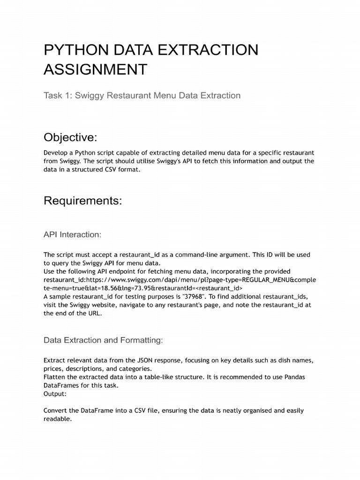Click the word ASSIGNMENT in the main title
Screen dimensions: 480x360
pos(95,69)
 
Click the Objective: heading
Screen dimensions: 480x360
pos(70,137)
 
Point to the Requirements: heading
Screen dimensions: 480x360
pos(82,201)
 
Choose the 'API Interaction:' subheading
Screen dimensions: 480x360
pos(72,234)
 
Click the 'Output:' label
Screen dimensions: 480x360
pos(55,394)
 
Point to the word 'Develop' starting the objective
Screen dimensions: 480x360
pos(56,153)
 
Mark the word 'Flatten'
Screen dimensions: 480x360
pos(55,377)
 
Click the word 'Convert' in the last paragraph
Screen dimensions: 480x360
pos(56,411)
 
